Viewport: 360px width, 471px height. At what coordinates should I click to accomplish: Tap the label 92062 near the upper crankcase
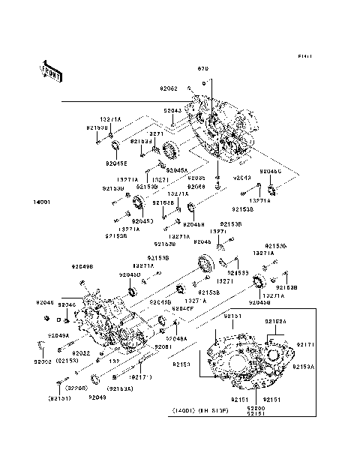click(x=169, y=88)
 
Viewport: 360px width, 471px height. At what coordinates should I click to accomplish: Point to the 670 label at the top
click(x=203, y=68)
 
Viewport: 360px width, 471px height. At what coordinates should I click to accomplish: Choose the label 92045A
click(x=176, y=170)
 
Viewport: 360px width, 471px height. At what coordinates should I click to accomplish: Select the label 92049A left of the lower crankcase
click(x=58, y=336)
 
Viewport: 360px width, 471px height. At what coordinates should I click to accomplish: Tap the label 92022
click(x=82, y=352)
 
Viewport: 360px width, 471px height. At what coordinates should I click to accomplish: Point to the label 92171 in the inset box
click(x=306, y=344)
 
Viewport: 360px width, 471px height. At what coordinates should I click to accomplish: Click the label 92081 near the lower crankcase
click(x=163, y=347)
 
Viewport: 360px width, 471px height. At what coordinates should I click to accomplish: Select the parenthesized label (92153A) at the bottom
click(x=120, y=388)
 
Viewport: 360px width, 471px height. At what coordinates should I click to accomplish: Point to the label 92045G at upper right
click(x=270, y=172)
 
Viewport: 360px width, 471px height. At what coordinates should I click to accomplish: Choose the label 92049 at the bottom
click(x=97, y=397)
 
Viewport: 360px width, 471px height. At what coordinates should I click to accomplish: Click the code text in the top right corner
click(x=304, y=56)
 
